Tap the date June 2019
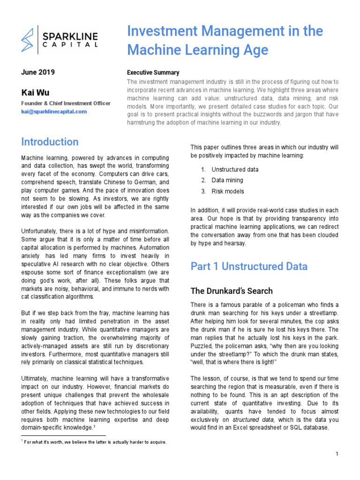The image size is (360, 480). pyautogui.click(x=38, y=72)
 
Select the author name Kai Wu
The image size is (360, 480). pyautogui.click(x=35, y=92)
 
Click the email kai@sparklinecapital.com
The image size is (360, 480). pyautogui.click(x=54, y=112)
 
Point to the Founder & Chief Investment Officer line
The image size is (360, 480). pyautogui.click(x=66, y=103)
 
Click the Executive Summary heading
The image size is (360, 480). pyautogui.click(x=153, y=73)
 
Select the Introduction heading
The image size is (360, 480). pyautogui.click(x=50, y=142)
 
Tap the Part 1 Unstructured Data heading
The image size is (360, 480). pyautogui.click(x=249, y=266)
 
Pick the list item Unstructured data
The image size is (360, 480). pyautogui.click(x=235, y=169)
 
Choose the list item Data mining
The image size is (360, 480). pyautogui.click(x=227, y=180)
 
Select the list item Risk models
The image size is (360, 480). pyautogui.click(x=228, y=191)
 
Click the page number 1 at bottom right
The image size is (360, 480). pyautogui.click(x=337, y=454)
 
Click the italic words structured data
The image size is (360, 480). pyautogui.click(x=250, y=419)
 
